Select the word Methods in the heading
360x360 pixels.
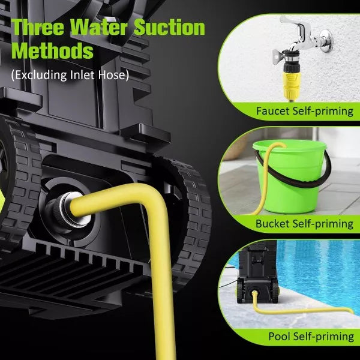click(53, 52)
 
